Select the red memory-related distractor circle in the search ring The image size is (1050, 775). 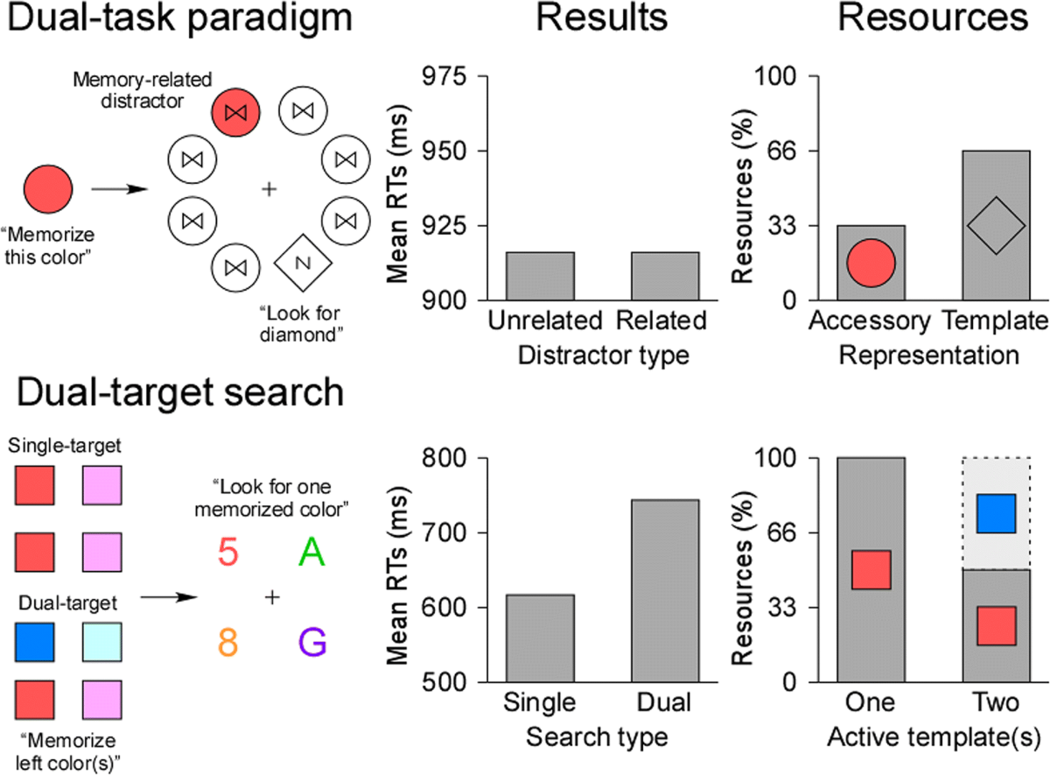(x=234, y=113)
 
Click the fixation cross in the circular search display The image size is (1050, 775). (x=269, y=188)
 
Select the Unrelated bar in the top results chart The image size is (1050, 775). (x=540, y=276)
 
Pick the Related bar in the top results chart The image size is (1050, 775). (x=665, y=276)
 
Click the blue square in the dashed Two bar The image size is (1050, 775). (x=996, y=513)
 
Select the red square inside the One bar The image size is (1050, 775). (x=871, y=569)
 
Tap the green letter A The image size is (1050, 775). (x=311, y=552)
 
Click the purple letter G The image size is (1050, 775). (x=312, y=643)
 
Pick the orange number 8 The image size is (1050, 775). (x=227, y=644)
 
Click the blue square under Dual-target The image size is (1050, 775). (x=35, y=642)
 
